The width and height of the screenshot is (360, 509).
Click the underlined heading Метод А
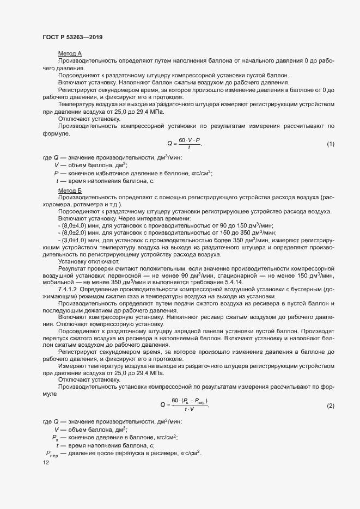click(x=70, y=53)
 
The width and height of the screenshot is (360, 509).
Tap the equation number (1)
click(x=330, y=144)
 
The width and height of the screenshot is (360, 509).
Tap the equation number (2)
click(x=330, y=406)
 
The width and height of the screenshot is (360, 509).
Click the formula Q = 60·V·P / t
click(x=185, y=144)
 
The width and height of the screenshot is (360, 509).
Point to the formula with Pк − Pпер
click(x=185, y=406)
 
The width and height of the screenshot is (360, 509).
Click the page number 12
click(x=46, y=463)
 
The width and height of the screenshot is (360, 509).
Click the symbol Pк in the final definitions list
click(x=55, y=437)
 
